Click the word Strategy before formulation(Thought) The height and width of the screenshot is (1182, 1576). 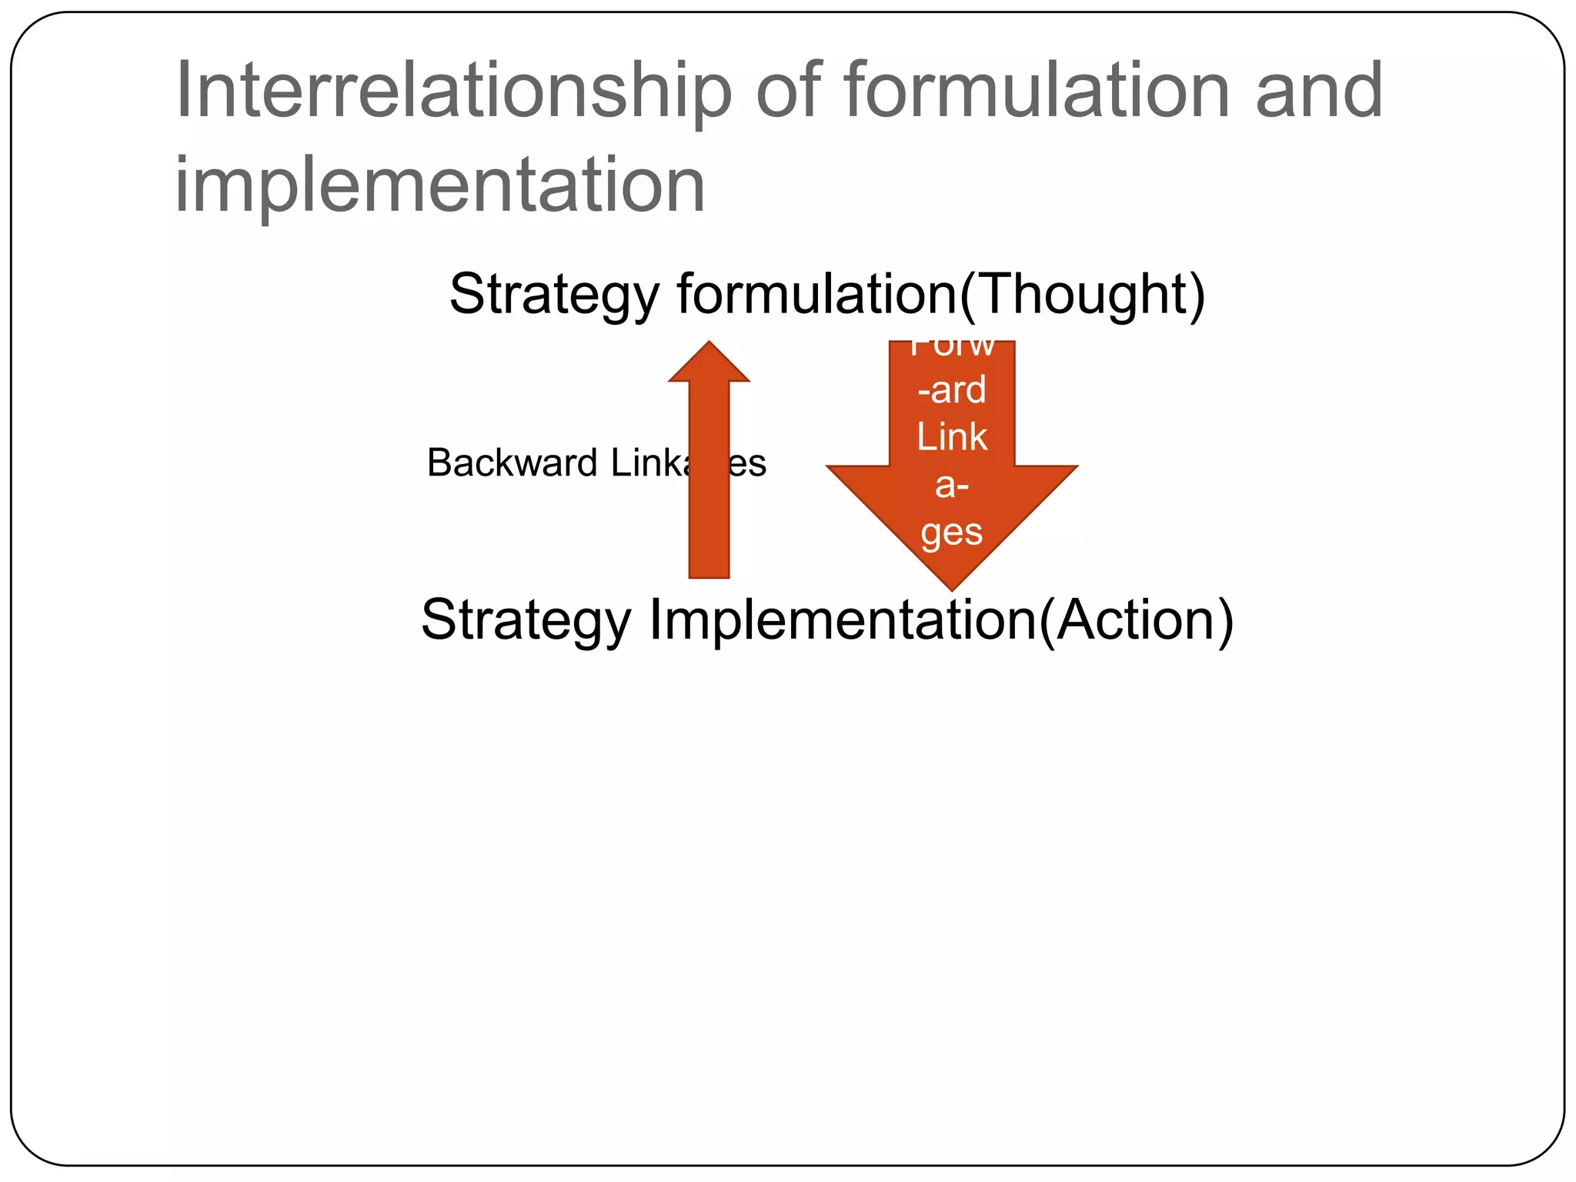click(x=554, y=295)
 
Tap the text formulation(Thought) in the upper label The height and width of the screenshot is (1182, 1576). click(x=940, y=295)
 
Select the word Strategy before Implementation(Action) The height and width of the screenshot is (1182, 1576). click(x=526, y=620)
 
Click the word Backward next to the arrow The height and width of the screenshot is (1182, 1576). click(x=512, y=463)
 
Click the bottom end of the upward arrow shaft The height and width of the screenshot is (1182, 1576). click(x=709, y=573)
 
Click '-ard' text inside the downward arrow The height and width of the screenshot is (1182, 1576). click(x=952, y=390)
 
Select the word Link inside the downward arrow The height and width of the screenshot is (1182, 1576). click(x=952, y=437)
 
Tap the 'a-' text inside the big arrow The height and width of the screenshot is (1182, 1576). click(x=952, y=486)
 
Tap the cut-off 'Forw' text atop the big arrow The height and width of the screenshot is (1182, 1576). click(x=952, y=348)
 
